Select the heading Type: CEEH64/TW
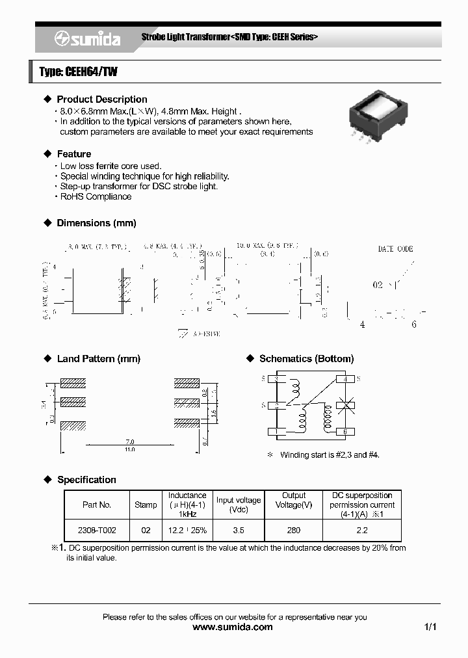point(78,72)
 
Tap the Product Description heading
point(101,99)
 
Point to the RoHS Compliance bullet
point(96,196)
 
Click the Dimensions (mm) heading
point(96,223)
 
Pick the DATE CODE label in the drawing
point(395,249)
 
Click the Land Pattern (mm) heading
point(98,359)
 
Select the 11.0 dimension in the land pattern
point(129,449)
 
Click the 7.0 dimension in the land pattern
point(129,441)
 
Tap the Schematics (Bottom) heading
point(306,359)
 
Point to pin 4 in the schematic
point(346,379)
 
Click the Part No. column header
point(97,505)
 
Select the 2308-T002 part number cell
point(97,531)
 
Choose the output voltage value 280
point(293,531)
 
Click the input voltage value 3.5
point(239,531)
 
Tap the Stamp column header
point(146,505)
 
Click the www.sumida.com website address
point(233,627)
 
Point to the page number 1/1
point(430,627)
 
